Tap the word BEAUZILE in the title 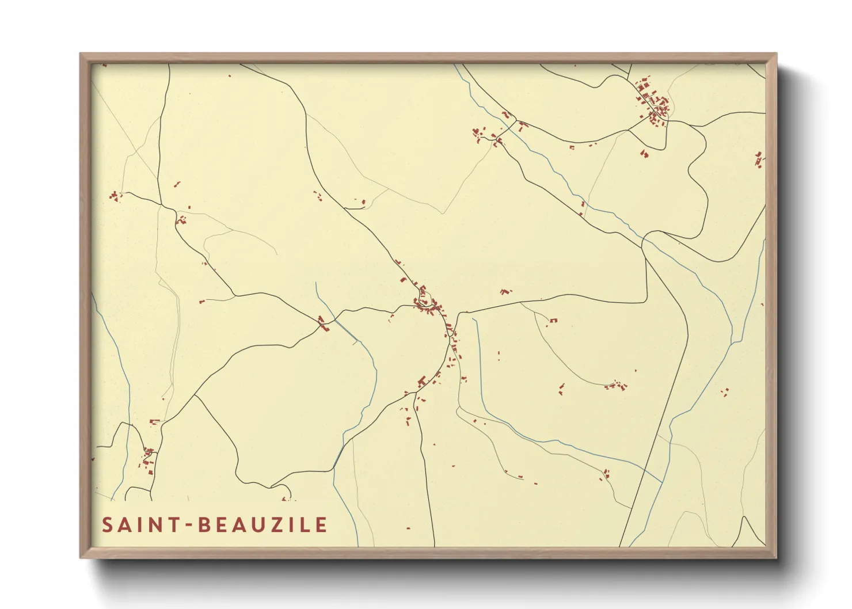pos(263,525)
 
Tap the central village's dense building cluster pos(429,305)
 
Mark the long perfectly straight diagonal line pos(656,437)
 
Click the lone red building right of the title pos(408,528)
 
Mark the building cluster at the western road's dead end pos(115,196)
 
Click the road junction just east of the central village pos(459,314)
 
